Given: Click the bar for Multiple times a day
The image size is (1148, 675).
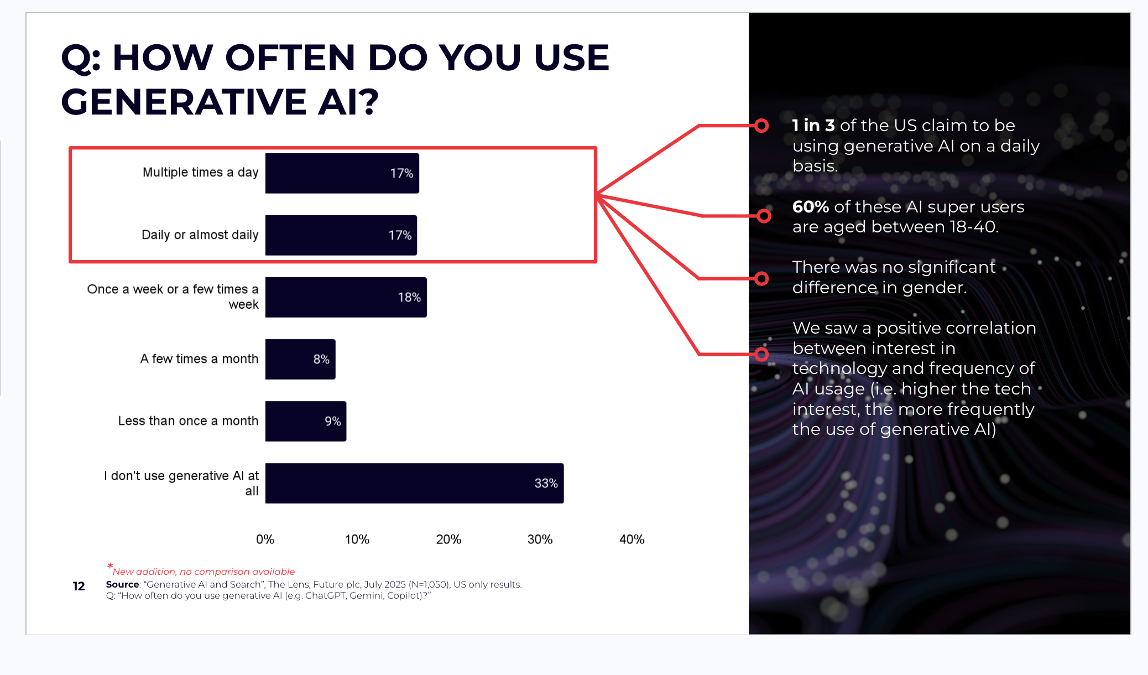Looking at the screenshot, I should [342, 173].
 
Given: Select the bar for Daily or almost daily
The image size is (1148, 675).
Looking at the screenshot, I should [341, 235].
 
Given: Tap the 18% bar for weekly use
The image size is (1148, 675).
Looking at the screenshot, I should [346, 297].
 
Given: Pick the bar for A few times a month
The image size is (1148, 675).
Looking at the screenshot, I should [300, 359].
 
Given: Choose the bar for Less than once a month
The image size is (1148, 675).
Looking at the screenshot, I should [305, 421].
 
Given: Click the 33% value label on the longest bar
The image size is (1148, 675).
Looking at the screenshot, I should [546, 484].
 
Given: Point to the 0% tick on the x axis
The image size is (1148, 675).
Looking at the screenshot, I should [265, 539].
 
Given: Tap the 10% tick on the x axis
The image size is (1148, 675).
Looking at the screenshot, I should [357, 539].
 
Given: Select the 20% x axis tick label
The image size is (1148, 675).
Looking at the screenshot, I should [448, 539].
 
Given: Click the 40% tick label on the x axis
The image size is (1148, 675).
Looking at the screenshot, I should [632, 539].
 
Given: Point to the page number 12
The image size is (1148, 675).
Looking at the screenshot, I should [79, 586].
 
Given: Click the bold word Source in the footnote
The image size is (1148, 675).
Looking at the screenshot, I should [122, 584].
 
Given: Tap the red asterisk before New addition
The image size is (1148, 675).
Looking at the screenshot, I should [110, 566].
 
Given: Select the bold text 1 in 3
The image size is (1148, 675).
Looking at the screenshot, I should [813, 126].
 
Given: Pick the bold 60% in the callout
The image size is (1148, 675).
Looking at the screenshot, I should [810, 207].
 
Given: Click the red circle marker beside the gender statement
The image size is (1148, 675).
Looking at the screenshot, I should [761, 279].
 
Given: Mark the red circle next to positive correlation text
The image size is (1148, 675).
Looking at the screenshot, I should [761, 354].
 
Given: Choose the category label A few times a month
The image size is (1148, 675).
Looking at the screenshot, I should [199, 359].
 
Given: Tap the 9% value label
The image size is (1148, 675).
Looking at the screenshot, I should [332, 422].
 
